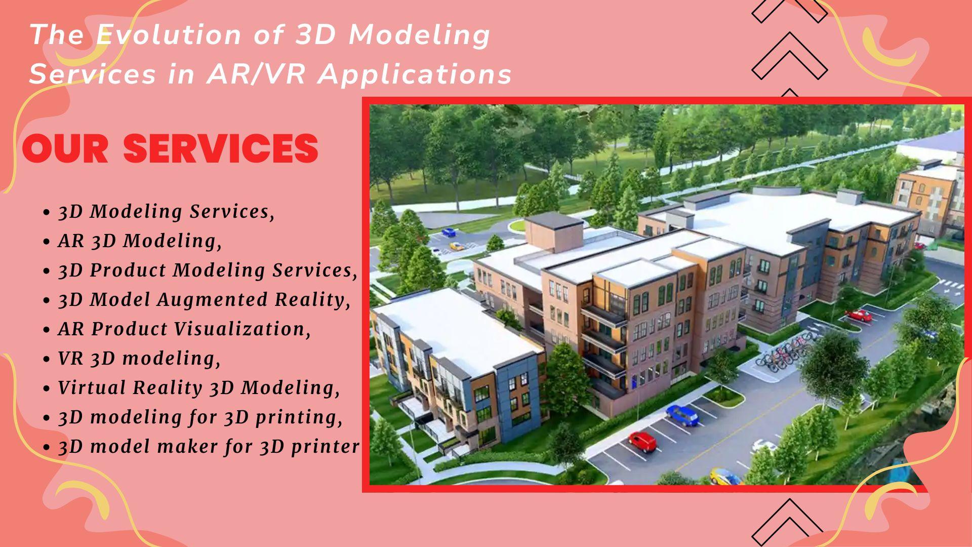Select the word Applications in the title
(416, 75)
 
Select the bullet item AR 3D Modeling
(140, 241)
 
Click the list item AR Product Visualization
(185, 329)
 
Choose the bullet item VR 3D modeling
(140, 358)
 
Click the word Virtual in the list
(92, 387)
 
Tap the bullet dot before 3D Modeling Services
(47, 213)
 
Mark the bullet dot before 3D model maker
(47, 448)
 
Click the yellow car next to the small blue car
(457, 246)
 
